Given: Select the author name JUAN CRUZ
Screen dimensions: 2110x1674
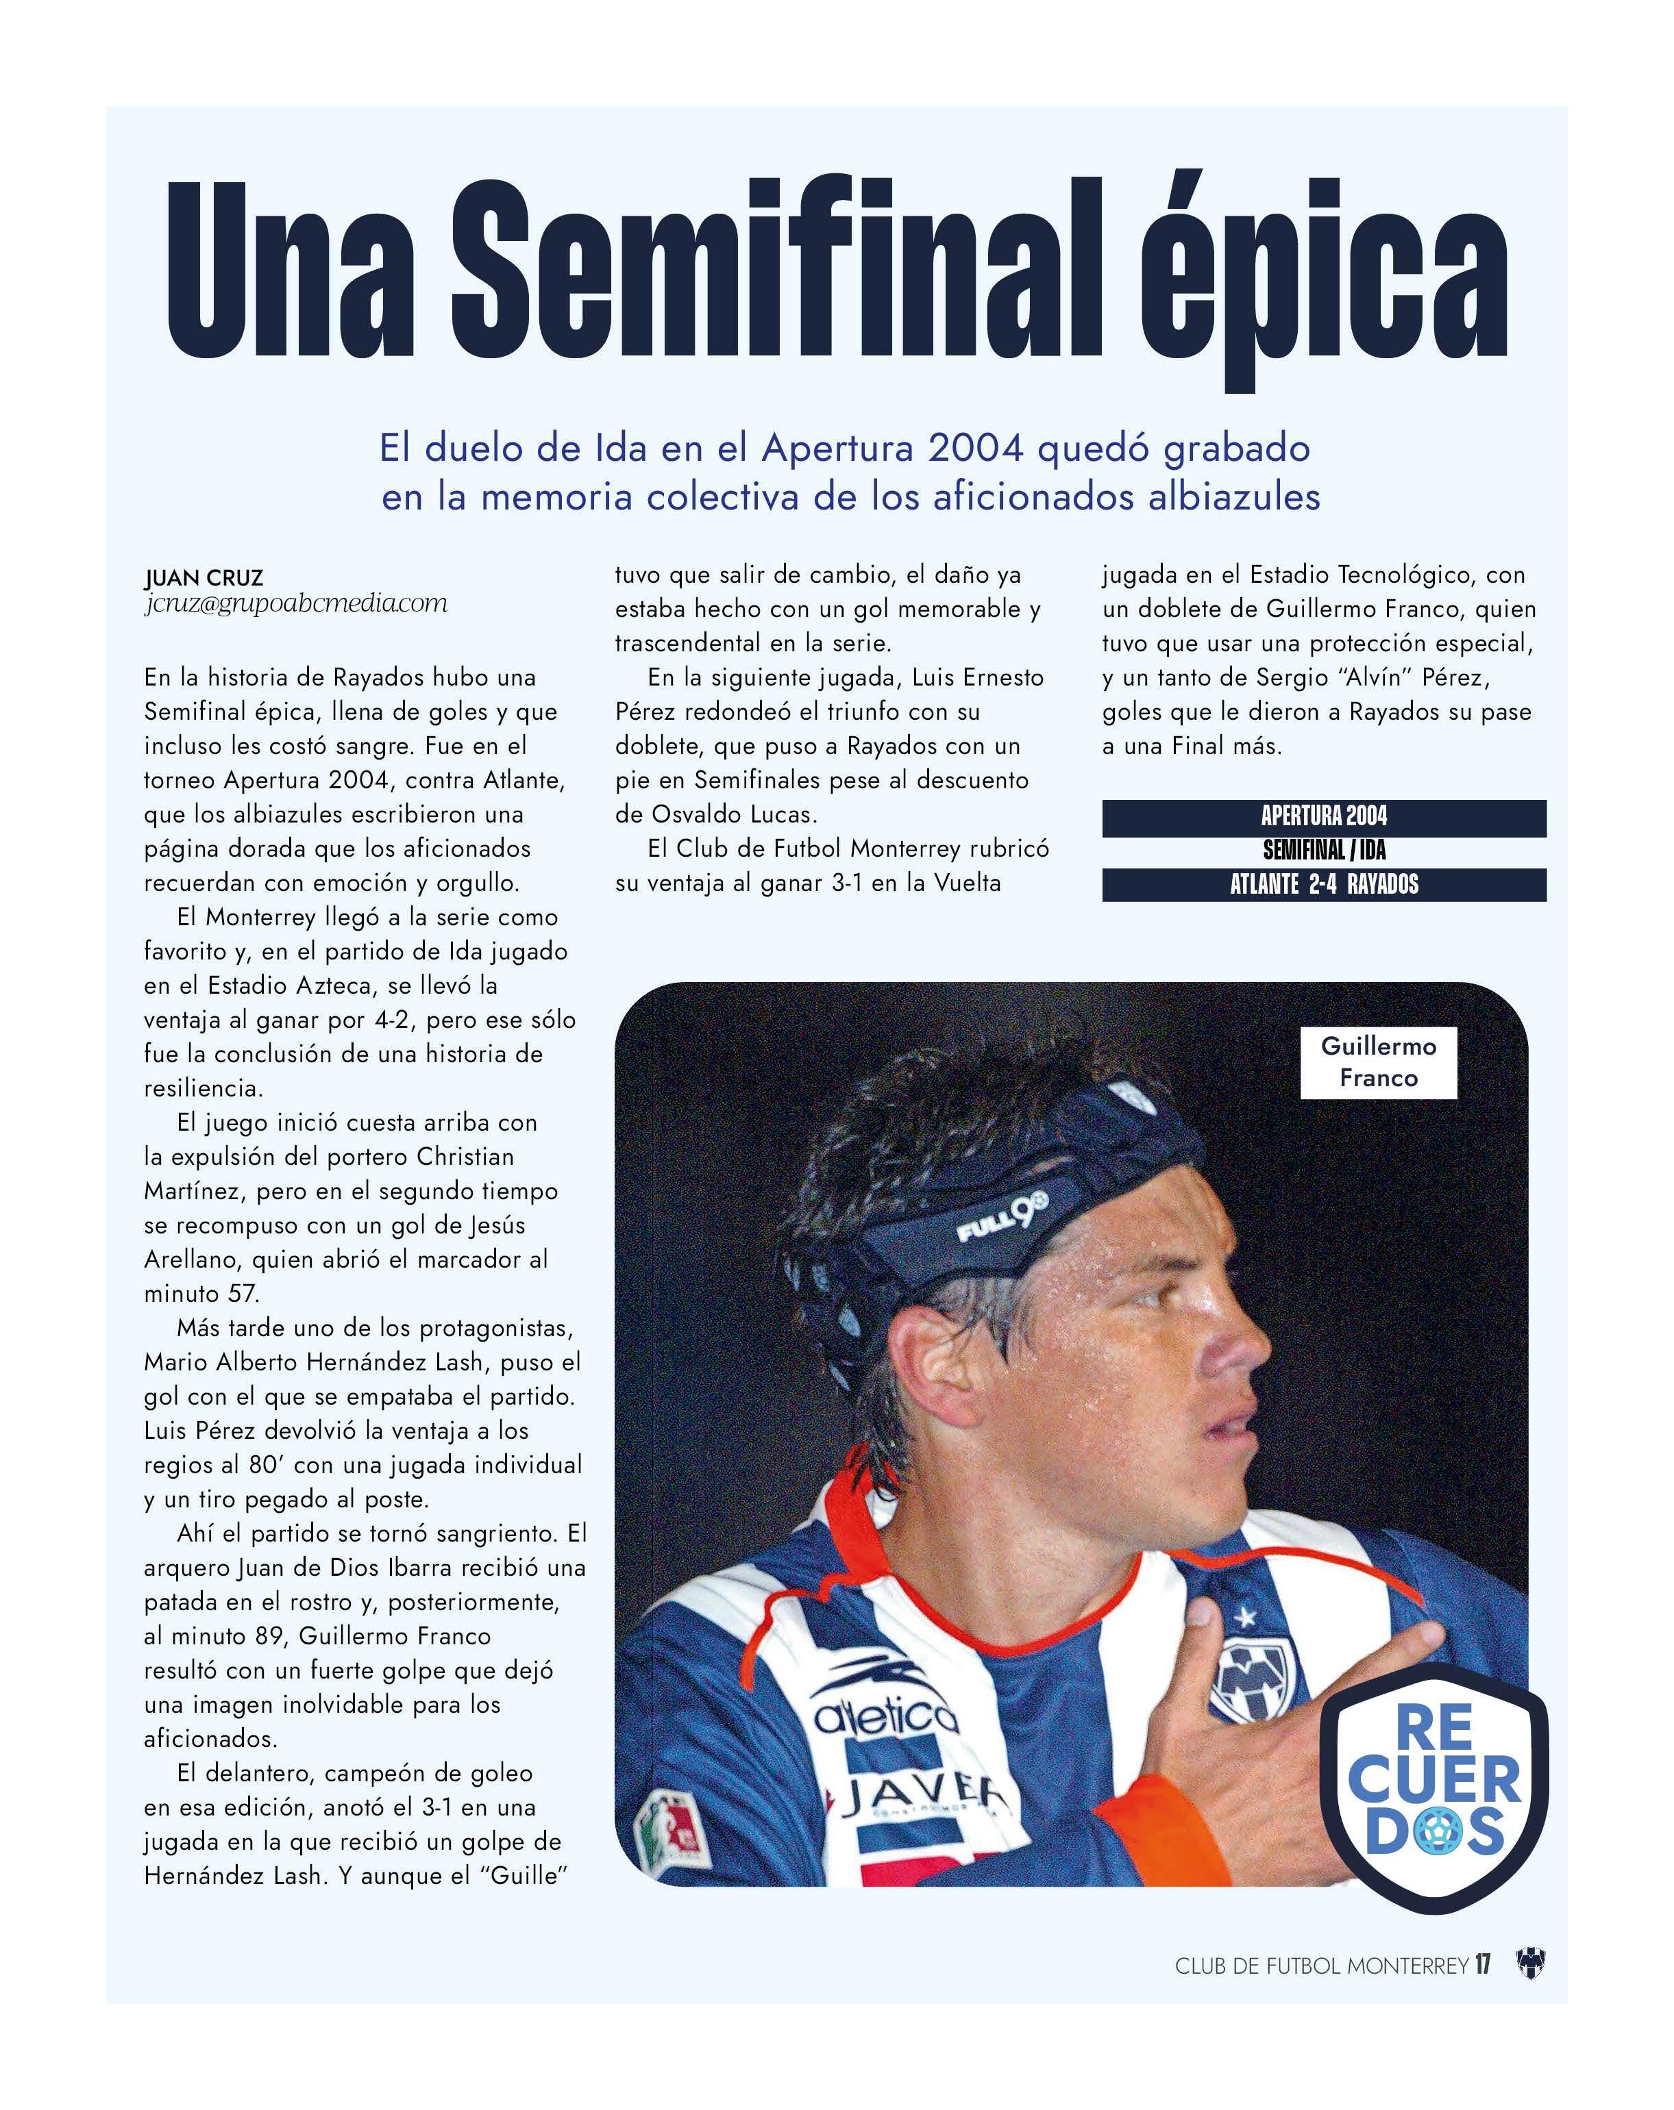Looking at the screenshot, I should (204, 577).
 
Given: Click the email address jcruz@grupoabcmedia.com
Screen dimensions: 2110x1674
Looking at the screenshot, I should (295, 604).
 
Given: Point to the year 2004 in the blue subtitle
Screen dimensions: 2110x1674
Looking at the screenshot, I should (975, 448).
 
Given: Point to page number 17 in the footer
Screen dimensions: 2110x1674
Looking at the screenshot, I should (1482, 1964).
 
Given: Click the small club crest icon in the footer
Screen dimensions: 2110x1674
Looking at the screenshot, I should (1529, 1964).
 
